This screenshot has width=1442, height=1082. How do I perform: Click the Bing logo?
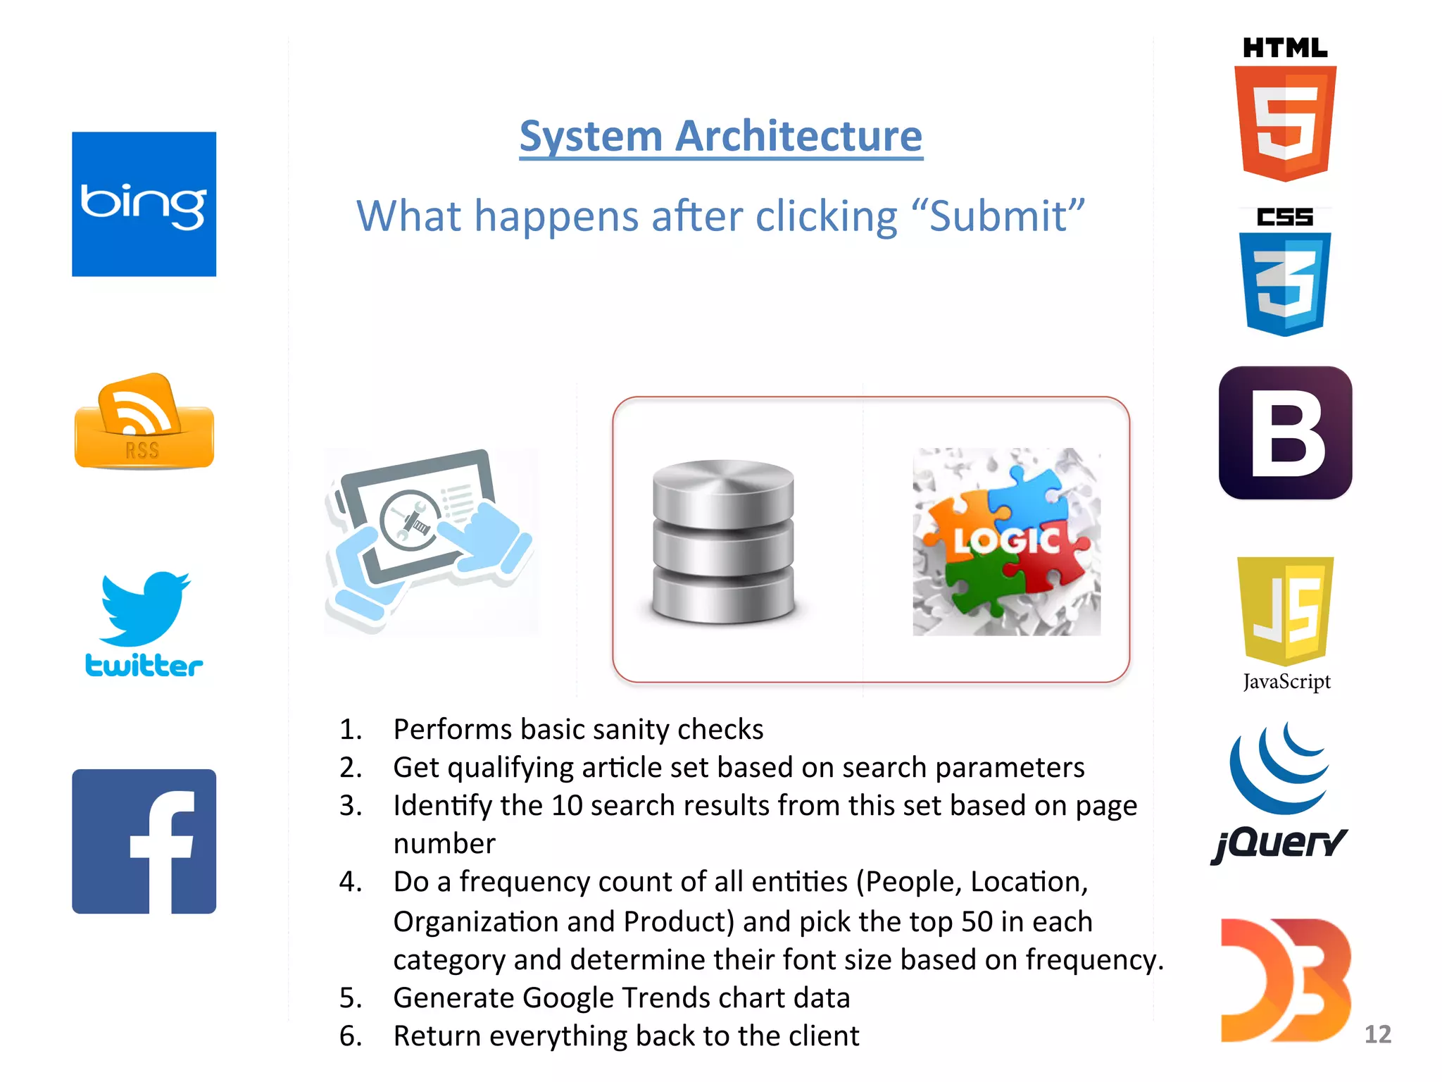click(144, 204)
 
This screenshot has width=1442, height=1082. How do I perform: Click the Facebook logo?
click(144, 841)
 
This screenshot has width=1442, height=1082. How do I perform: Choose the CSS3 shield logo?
click(1285, 282)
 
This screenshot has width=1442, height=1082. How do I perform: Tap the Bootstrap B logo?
click(1285, 433)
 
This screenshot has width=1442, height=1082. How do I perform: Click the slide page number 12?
click(1377, 1034)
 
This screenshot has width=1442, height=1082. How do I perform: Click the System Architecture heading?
click(721, 135)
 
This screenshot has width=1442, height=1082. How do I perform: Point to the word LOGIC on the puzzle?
click(1005, 541)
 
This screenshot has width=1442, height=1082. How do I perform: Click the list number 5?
click(350, 998)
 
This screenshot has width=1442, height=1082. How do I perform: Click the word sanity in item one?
click(629, 730)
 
